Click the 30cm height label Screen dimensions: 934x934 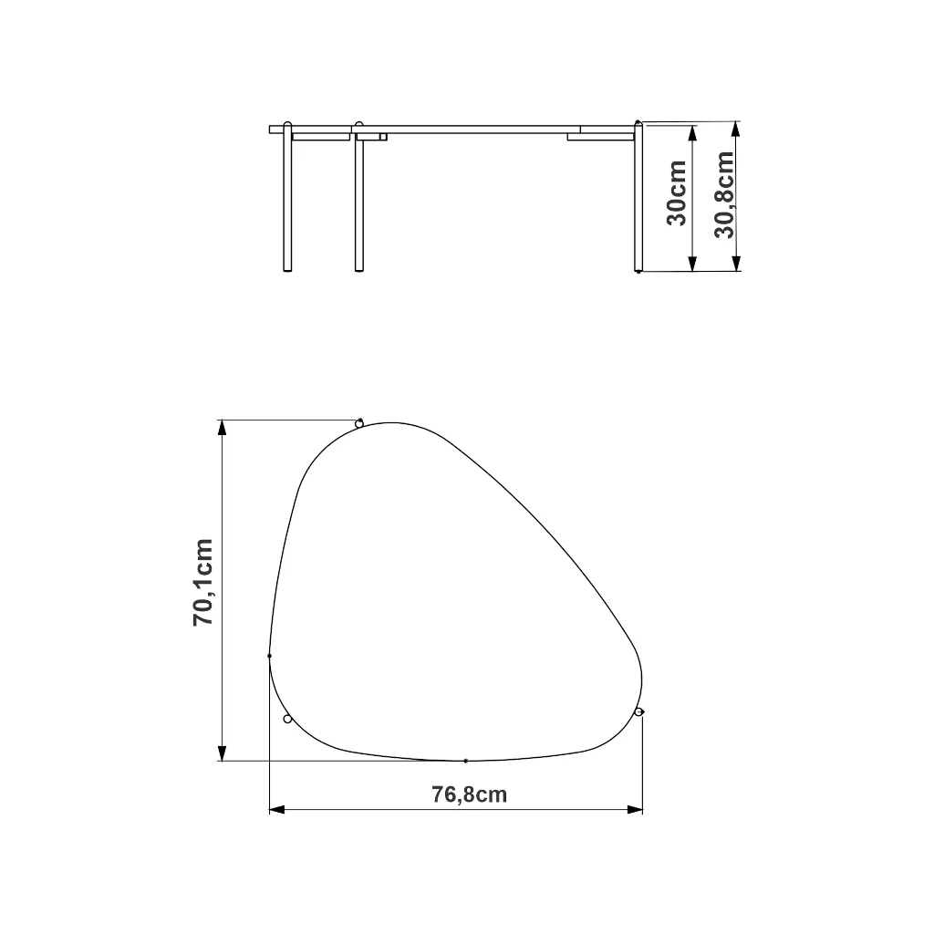677,194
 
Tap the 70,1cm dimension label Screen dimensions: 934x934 202,582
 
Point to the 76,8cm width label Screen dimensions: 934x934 469,794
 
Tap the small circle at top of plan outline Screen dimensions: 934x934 359,422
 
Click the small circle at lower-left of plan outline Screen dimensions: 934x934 287,720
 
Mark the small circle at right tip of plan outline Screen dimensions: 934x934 639,711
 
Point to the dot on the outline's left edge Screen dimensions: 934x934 269,656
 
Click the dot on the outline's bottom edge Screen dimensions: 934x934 466,761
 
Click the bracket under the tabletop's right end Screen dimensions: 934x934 598,138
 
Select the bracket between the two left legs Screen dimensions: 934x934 321,138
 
